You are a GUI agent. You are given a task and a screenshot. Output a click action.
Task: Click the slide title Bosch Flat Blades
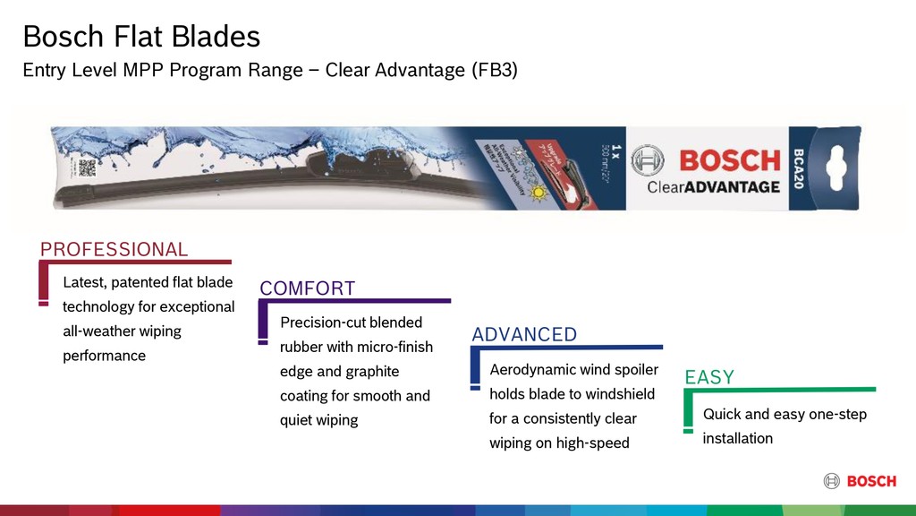(x=141, y=37)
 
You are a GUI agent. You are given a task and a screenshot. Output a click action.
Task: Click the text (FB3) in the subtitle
(x=494, y=70)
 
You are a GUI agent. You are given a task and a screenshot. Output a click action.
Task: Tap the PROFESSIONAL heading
(x=114, y=250)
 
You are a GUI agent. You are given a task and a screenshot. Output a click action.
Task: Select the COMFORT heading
(x=307, y=288)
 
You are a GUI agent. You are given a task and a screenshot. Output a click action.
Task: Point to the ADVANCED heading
(x=524, y=335)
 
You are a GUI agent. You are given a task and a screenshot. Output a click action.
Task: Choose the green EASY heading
(x=708, y=377)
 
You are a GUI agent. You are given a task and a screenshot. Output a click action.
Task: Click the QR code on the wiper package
(x=87, y=168)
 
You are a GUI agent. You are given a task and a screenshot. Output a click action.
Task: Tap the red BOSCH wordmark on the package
(x=730, y=161)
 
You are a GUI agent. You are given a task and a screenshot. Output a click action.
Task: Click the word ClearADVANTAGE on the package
(x=713, y=186)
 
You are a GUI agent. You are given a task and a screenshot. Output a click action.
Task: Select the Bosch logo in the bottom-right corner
(x=860, y=481)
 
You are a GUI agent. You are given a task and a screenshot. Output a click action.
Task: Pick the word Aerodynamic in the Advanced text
(x=532, y=369)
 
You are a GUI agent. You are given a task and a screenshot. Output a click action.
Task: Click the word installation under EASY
(x=737, y=438)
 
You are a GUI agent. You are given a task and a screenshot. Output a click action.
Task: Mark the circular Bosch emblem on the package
(x=648, y=161)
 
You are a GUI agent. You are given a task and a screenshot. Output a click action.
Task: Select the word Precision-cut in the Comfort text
(x=323, y=322)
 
